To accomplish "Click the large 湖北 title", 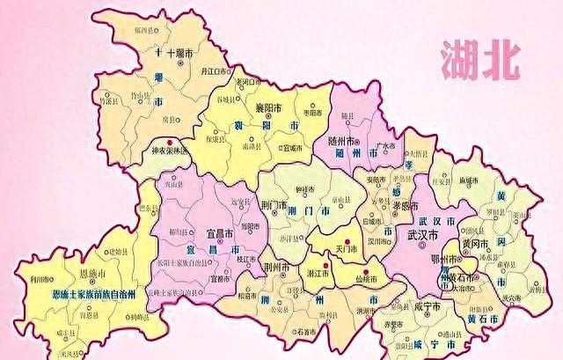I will click(482, 61).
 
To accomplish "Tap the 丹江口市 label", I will click(216, 70).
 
